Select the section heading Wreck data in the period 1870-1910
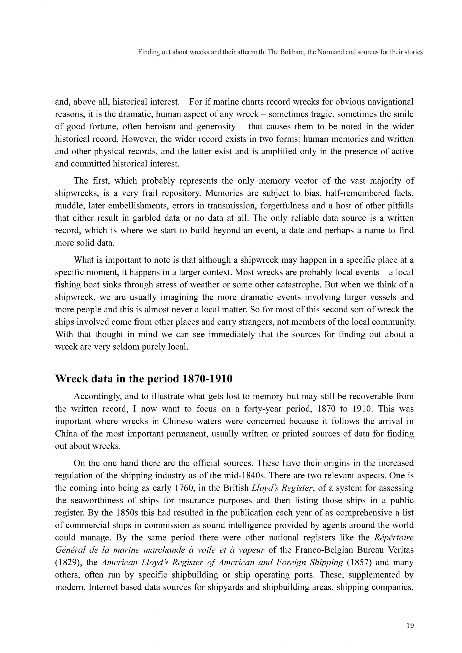(144, 379)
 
